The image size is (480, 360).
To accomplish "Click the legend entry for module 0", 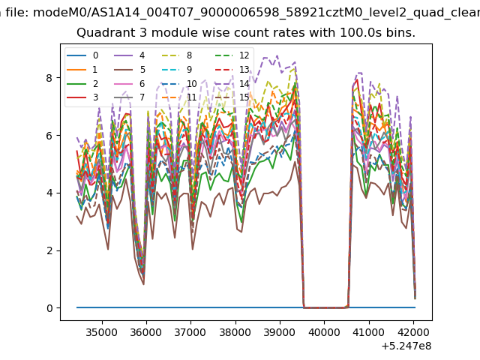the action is pos(82,55).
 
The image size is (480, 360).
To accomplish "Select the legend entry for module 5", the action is pos(130,70).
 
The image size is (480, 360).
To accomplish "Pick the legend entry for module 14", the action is pos(232,83).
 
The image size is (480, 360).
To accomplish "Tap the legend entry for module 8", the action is pos(177,55).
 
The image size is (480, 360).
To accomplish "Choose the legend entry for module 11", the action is pos(179,97).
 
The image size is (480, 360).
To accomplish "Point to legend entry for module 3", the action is pos(82,97).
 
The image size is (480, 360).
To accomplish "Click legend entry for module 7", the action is pos(130,97).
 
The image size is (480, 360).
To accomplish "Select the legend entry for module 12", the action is pos(232,55).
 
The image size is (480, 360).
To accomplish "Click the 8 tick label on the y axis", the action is pos(49,78).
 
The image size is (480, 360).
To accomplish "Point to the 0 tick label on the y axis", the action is pos(49,308).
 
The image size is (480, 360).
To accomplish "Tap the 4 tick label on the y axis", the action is pos(49,193).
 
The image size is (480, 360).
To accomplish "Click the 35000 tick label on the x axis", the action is pos(102,332).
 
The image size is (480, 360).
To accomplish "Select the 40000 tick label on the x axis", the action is pos(324,332).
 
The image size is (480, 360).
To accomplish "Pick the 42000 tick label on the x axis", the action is pos(413,332).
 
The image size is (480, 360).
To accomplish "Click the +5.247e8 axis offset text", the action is pos(406,346).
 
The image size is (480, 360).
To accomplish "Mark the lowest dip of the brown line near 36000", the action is pos(143,284).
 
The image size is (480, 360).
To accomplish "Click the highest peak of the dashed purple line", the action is pos(277,55).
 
